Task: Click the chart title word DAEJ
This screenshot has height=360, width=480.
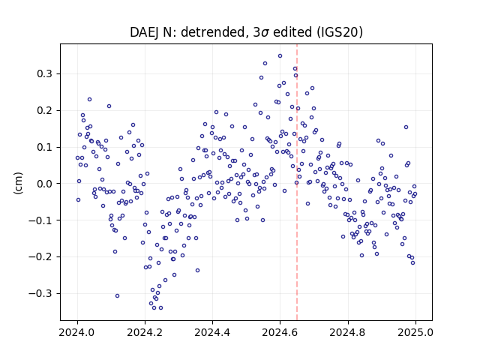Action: point(145,32)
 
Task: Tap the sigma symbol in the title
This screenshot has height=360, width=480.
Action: point(265,33)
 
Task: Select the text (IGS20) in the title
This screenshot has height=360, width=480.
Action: point(340,32)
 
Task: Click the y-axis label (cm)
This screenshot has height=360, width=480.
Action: point(18,183)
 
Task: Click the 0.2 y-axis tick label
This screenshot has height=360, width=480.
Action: point(44,110)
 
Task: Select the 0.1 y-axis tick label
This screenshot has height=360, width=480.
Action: point(44,147)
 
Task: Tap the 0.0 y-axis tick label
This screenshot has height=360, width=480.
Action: point(44,184)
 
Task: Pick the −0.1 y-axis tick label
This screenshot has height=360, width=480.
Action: point(40,220)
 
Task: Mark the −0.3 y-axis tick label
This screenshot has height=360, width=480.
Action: point(40,293)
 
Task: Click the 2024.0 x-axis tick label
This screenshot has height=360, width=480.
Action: point(77,332)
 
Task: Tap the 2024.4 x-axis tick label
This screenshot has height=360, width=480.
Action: point(212,332)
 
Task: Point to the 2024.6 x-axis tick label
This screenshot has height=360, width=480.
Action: point(280,332)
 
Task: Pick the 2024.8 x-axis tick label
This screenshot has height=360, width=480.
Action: point(347,332)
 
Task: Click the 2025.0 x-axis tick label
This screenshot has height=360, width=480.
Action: point(415,332)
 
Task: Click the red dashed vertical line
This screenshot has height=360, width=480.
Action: point(297,182)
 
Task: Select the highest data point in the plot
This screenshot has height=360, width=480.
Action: point(280,56)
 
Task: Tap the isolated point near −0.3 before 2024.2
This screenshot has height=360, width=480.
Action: point(117,295)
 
